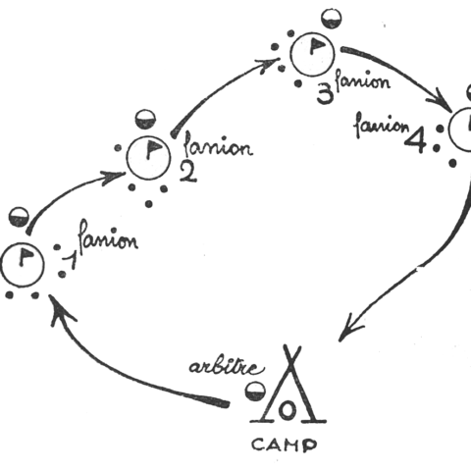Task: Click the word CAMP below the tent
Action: pos(284,445)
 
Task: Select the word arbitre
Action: pos(227,368)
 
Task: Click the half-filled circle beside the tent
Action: pos(256,391)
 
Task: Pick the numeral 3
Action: pos(325,95)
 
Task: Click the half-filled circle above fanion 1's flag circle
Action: pos(19,217)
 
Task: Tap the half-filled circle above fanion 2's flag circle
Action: pos(145,120)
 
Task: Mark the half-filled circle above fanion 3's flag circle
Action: pos(331,19)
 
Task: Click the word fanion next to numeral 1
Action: pos(108,237)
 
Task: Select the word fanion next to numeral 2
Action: pos(219,145)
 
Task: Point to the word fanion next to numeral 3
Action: pos(363,80)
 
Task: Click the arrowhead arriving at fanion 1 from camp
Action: pos(61,309)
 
